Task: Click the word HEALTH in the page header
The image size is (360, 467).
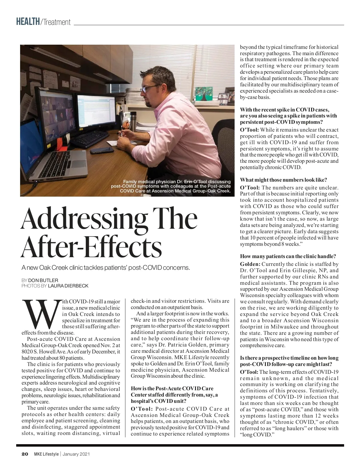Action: [28, 22]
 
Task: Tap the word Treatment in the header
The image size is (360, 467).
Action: [56, 22]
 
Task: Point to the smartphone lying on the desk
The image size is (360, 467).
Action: [99, 150]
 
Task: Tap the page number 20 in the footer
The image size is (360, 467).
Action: [25, 454]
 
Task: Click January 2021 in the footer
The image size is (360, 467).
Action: [76, 454]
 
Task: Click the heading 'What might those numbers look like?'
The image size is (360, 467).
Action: [283, 180]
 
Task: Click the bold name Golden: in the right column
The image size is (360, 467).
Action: [250, 264]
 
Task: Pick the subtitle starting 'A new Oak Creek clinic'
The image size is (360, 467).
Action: [106, 267]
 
